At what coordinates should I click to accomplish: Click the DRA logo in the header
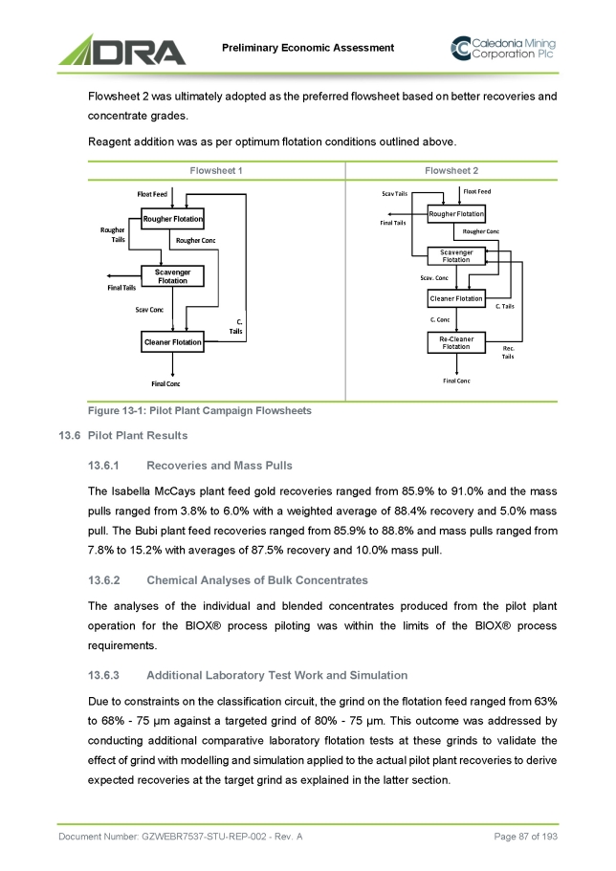pyautogui.click(x=123, y=49)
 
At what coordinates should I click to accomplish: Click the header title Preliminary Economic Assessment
pyautogui.click(x=308, y=48)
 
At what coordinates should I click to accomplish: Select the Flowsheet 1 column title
pyautogui.click(x=215, y=171)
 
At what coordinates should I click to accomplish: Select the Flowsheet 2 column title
pyautogui.click(x=451, y=171)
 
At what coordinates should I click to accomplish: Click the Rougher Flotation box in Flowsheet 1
pyautogui.click(x=172, y=220)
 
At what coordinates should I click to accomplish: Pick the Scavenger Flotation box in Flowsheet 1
pyautogui.click(x=172, y=276)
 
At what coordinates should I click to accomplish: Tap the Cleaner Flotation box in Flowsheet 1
pyautogui.click(x=172, y=341)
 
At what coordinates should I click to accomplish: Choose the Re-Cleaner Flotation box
pyautogui.click(x=456, y=343)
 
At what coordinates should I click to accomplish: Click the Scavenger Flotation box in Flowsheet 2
pyautogui.click(x=456, y=255)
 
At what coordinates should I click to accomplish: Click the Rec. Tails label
pyautogui.click(x=508, y=353)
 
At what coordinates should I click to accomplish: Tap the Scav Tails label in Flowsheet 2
pyautogui.click(x=394, y=194)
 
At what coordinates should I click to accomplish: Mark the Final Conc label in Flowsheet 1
pyautogui.click(x=165, y=384)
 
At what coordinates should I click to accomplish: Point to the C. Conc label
pyautogui.click(x=440, y=320)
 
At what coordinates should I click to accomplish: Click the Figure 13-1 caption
pyautogui.click(x=199, y=410)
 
